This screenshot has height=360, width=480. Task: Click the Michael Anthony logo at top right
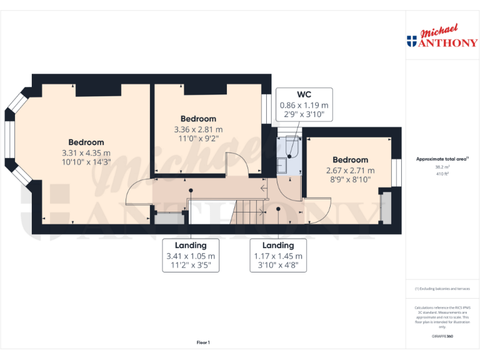442,37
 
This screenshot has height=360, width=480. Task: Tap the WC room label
304,94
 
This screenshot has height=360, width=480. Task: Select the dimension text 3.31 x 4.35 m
86,152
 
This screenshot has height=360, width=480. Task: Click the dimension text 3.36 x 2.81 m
198,129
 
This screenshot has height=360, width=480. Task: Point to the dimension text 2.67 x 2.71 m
350,170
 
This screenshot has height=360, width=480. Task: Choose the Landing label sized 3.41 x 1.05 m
191,246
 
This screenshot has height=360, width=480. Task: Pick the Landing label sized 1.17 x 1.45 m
278,246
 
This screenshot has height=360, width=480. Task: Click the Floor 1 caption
203,342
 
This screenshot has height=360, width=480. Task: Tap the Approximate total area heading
441,159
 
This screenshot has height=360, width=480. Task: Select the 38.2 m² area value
442,167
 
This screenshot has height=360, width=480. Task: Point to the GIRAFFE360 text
442,337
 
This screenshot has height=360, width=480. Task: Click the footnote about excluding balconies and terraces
442,289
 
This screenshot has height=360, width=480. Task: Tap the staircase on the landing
250,212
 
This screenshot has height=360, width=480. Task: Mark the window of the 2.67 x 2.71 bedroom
396,172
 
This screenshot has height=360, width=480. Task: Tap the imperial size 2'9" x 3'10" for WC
304,114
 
